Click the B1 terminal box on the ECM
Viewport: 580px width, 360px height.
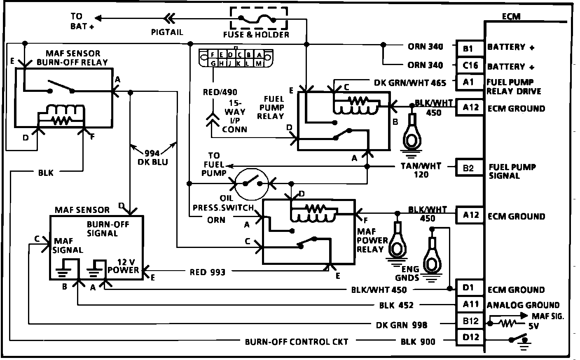[470, 49]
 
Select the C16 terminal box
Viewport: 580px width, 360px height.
[470, 65]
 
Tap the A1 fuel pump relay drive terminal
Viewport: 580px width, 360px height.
[470, 82]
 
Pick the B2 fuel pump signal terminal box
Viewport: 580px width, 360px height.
[470, 168]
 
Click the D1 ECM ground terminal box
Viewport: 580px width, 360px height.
[470, 288]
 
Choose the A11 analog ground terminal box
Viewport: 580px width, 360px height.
[470, 304]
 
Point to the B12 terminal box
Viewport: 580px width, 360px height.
[470, 321]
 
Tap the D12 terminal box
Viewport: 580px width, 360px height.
[470, 337]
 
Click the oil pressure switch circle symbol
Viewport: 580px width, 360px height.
[251, 184]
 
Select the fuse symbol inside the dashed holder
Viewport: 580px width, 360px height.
[257, 19]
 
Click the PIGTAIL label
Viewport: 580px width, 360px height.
[167, 32]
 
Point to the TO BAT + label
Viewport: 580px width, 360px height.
[82, 21]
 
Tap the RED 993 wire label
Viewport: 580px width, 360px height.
[207, 272]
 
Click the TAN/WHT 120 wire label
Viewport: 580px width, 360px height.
[421, 170]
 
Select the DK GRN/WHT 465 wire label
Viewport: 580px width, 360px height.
[410, 83]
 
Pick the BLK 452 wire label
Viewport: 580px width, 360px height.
[396, 305]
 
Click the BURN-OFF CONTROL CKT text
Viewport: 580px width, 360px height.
[297, 342]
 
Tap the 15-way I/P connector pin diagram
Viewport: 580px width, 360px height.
[236, 58]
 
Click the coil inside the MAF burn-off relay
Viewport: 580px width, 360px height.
[62, 115]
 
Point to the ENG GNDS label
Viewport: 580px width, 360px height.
[407, 273]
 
